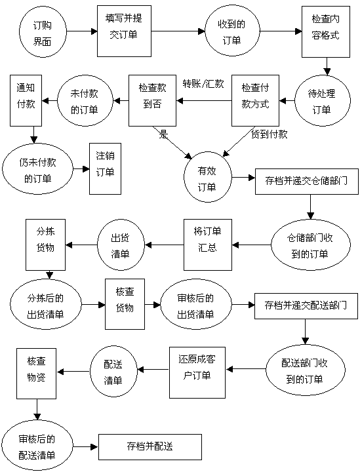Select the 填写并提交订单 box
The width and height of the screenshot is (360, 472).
click(124, 31)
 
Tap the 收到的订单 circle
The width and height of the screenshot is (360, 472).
click(231, 31)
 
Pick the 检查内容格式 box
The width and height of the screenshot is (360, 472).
click(326, 31)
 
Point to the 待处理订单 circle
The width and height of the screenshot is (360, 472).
click(323, 100)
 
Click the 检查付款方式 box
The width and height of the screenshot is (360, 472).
click(255, 100)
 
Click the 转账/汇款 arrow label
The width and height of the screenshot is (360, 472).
click(203, 84)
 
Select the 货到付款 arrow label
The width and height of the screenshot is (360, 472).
click(269, 134)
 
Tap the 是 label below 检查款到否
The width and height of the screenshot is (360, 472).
click(163, 134)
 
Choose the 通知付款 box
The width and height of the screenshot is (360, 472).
click(26, 100)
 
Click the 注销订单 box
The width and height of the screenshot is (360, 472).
click(105, 168)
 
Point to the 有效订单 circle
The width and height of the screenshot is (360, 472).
click(208, 177)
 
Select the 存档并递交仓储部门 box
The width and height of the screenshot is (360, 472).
click(307, 182)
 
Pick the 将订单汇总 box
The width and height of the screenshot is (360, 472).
click(208, 245)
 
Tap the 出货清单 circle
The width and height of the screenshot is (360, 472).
click(121, 245)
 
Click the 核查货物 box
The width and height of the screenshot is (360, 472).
click(125, 304)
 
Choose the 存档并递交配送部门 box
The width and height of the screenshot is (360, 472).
click(306, 306)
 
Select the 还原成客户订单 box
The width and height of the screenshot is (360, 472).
click(197, 372)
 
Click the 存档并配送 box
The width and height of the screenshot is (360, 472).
click(150, 447)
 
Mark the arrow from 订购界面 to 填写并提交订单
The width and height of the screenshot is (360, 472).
click(82, 31)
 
